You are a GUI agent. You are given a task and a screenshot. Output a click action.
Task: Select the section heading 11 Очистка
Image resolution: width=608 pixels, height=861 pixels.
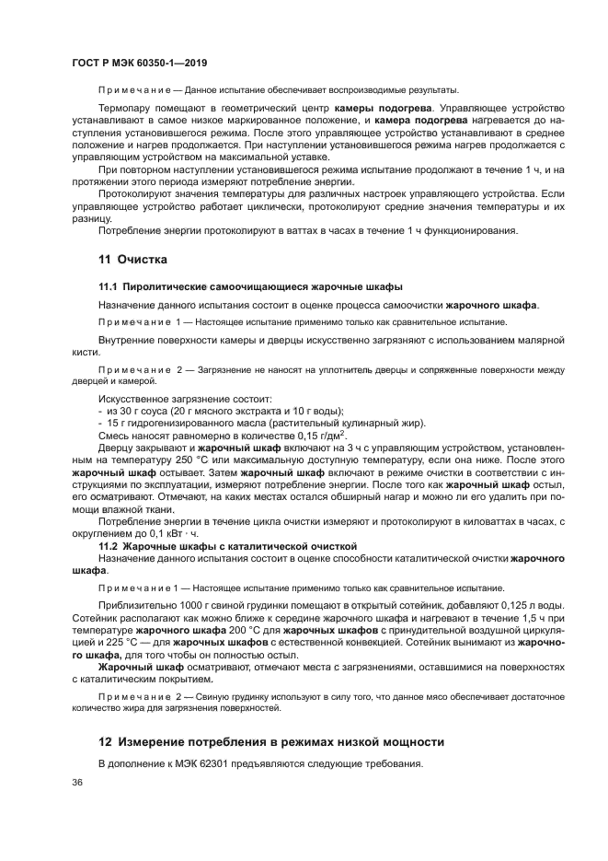[133, 260]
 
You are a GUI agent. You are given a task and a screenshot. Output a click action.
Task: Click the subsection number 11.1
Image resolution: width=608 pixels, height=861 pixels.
[109, 287]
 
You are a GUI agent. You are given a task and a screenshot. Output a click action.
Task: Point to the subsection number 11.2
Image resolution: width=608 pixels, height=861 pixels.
[109, 546]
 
